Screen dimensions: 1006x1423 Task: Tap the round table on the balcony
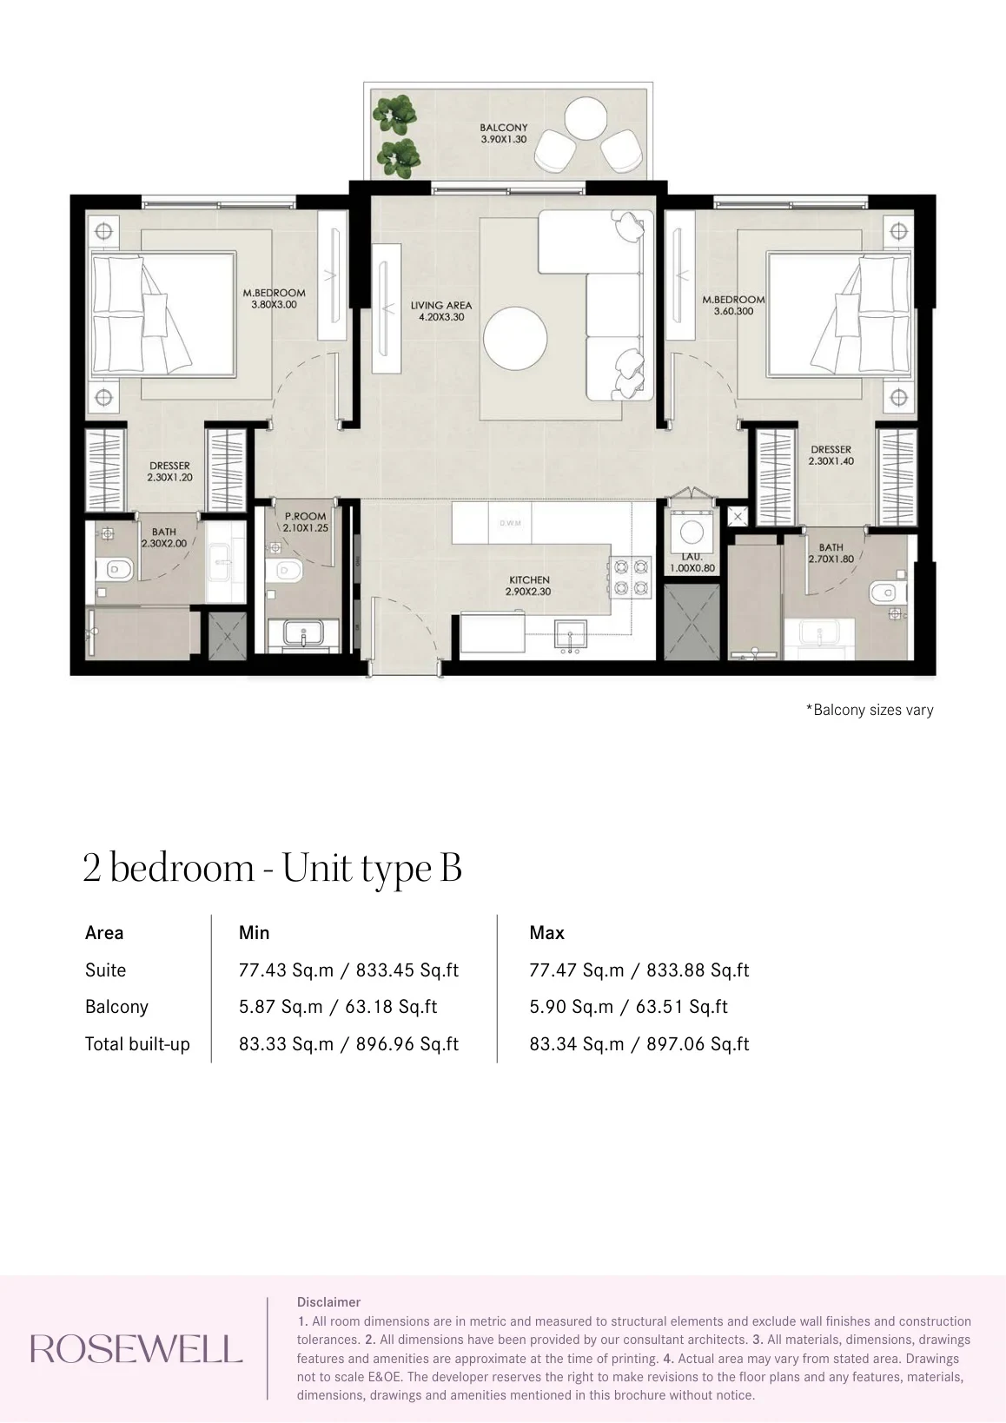pos(585,117)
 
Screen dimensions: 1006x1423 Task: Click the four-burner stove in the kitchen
pos(630,578)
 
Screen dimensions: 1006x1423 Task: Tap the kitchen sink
pos(570,635)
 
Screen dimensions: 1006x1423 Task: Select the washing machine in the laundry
pos(692,533)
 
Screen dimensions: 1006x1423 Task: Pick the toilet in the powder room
pos(280,571)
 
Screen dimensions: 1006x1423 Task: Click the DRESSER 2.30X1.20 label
pos(169,472)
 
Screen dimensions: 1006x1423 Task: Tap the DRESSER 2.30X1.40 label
pos(831,455)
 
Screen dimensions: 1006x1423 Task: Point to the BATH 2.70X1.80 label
pos(831,553)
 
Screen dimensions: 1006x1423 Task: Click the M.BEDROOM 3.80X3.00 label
pos(274,299)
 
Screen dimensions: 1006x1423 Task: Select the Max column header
pos(546,932)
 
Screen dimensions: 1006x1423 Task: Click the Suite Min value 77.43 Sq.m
pos(286,970)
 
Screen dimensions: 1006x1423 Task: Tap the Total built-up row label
pos(138,1043)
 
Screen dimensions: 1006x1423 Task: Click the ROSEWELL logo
pos(136,1348)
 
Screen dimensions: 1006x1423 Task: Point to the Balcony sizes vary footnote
pos(870,710)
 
